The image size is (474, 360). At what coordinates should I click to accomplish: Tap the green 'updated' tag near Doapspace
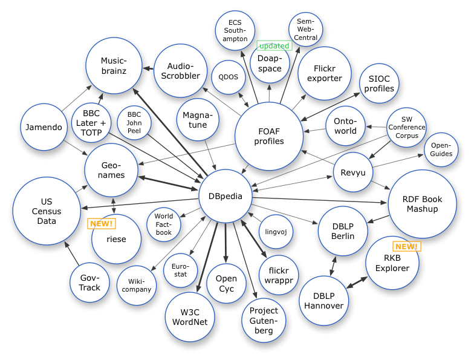coord(274,45)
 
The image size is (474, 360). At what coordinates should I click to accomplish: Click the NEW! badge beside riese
coord(102,223)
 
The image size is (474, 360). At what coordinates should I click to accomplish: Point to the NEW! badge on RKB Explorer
coord(407,246)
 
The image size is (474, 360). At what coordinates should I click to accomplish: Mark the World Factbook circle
coord(163,224)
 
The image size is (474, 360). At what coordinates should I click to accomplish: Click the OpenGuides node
coord(441,149)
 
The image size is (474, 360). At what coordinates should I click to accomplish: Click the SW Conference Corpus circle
coord(406,128)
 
